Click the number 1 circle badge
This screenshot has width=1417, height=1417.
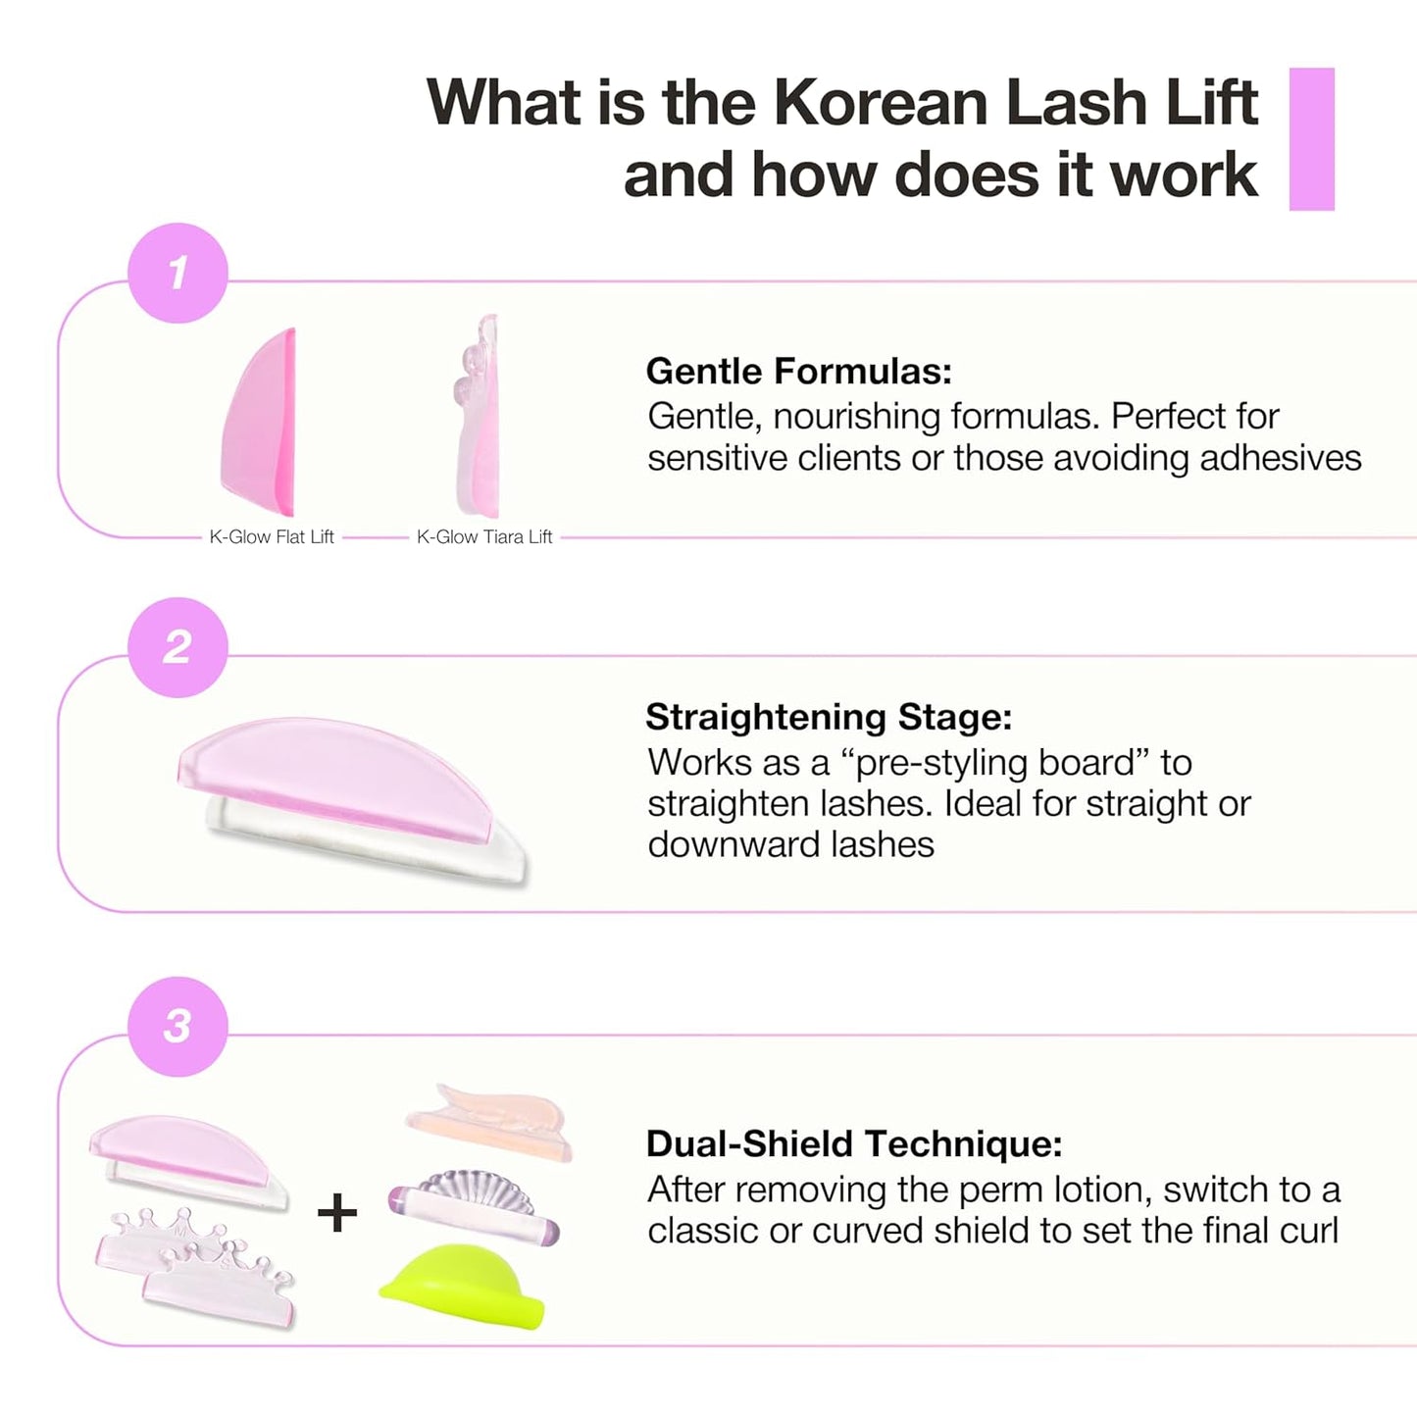[x=177, y=273]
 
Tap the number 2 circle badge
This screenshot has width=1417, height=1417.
[x=177, y=647]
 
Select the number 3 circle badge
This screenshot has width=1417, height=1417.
[x=177, y=1026]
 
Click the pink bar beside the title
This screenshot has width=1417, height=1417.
[x=1311, y=139]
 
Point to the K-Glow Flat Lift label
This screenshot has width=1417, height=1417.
[x=272, y=536]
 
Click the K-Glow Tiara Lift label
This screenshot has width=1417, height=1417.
[x=484, y=536]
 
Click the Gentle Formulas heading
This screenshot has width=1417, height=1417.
[x=798, y=372]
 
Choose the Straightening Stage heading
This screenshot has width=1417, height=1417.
[x=829, y=717]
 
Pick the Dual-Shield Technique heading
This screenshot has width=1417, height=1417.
[x=854, y=1143]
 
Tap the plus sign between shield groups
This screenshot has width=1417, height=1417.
[x=337, y=1214]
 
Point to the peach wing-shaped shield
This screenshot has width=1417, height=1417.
[x=490, y=1120]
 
